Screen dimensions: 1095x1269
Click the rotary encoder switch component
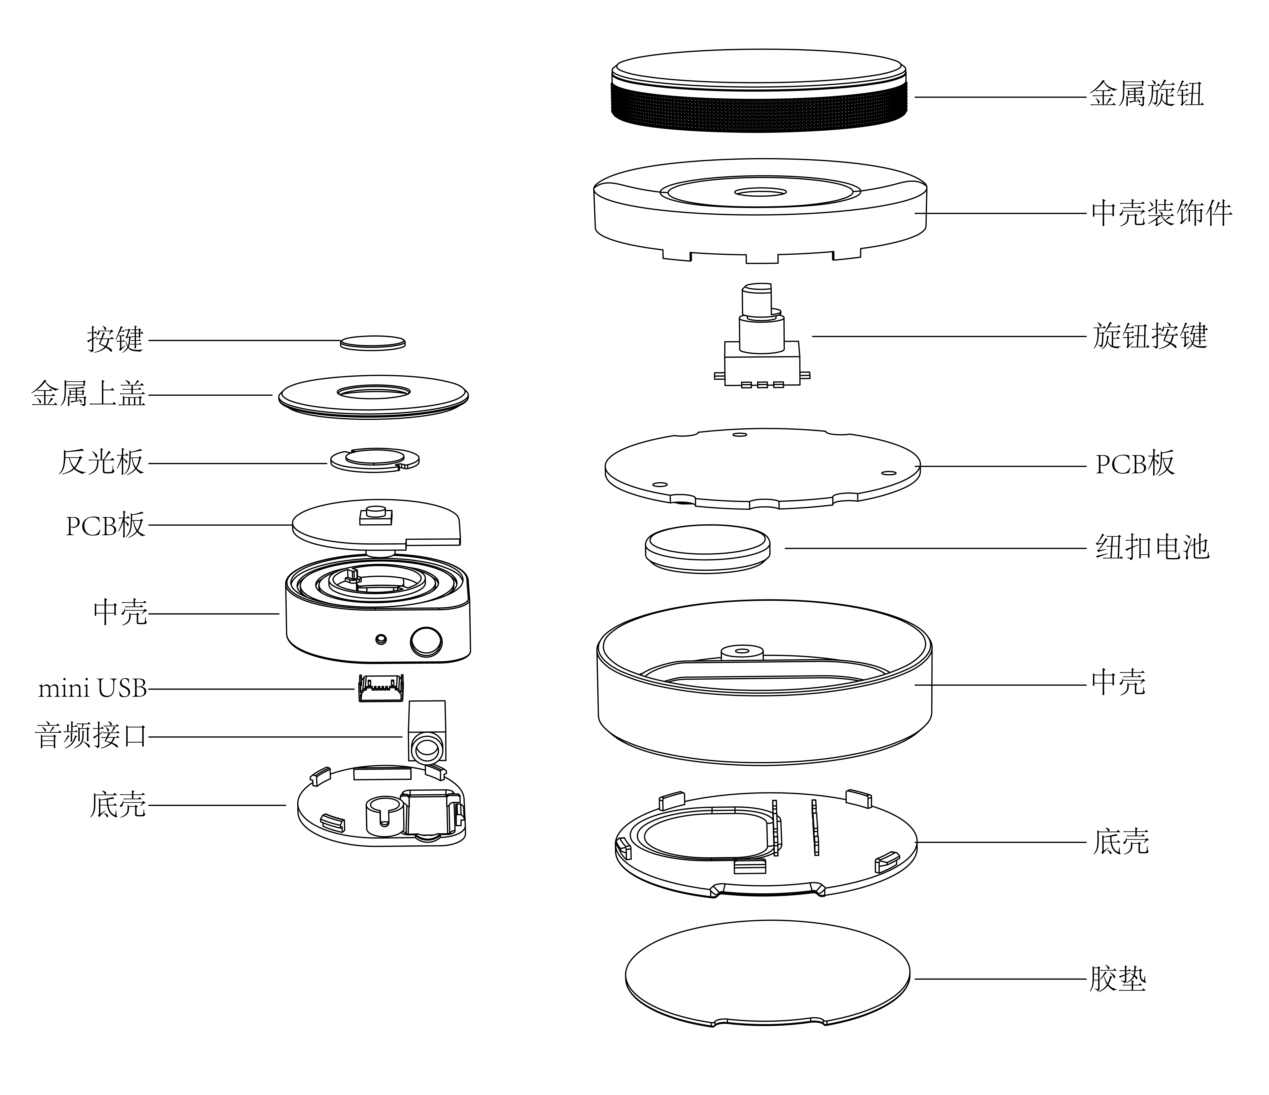[762, 349]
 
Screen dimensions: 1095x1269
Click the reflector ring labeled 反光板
[375, 460]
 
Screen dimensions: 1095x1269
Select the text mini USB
[92, 689]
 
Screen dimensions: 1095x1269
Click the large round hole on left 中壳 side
[426, 641]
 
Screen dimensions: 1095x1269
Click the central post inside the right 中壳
[742, 652]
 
